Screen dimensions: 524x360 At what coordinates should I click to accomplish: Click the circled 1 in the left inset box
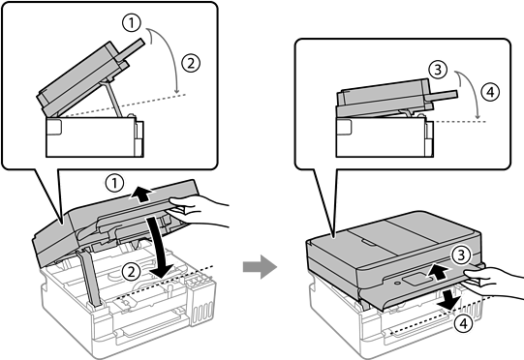(132, 23)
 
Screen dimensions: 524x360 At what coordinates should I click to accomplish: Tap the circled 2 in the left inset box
(191, 63)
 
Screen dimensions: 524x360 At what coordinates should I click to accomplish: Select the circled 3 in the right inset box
(438, 70)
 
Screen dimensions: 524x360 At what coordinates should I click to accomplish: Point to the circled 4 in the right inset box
(490, 92)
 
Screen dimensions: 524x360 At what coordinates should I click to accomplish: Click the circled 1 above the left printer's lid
(114, 183)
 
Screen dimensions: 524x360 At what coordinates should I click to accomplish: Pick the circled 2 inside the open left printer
(131, 271)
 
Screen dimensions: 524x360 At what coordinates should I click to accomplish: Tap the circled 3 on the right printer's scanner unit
(461, 255)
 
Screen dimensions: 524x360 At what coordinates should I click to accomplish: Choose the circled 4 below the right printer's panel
(464, 323)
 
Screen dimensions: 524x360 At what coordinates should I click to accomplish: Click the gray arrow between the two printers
(260, 266)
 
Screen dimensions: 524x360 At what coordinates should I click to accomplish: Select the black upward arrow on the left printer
(142, 195)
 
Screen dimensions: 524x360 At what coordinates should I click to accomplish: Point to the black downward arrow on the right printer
(449, 299)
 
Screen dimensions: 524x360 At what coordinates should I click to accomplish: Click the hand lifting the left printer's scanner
(198, 210)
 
